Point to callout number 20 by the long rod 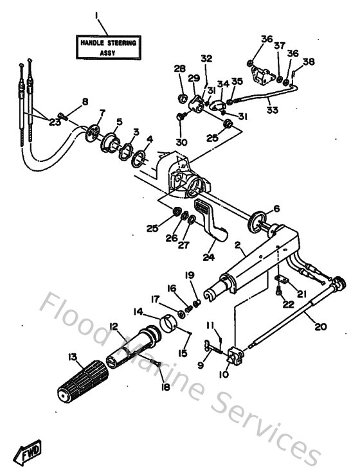coord(319,326)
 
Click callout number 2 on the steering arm coord(237,246)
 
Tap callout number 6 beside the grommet coord(277,208)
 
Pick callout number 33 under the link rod coord(272,110)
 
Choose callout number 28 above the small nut coord(179,69)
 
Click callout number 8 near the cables coord(84,101)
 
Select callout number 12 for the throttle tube coord(114,326)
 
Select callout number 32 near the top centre coord(206,58)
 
